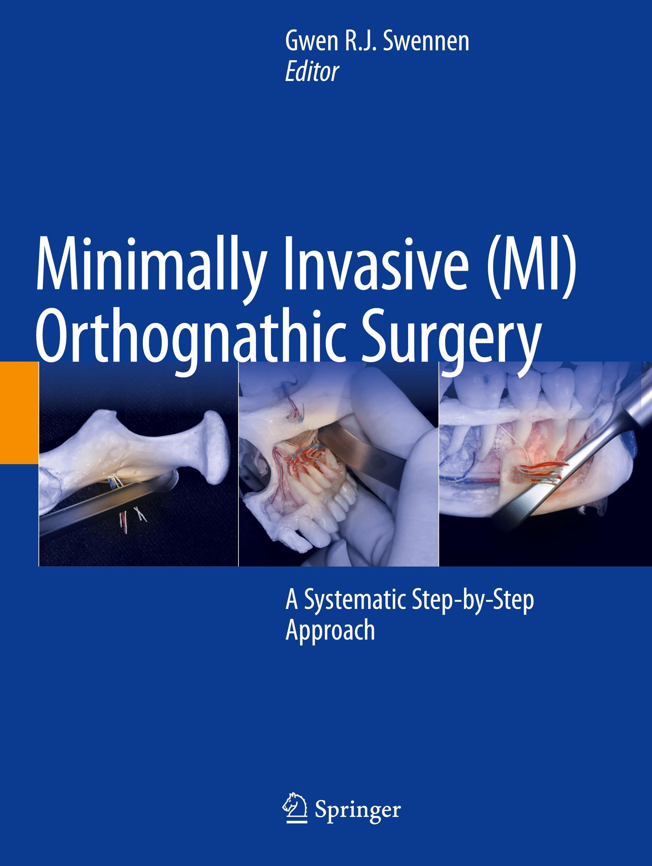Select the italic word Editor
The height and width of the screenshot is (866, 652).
pos(312,73)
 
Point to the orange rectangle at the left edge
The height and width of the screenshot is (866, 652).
pos(19,413)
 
